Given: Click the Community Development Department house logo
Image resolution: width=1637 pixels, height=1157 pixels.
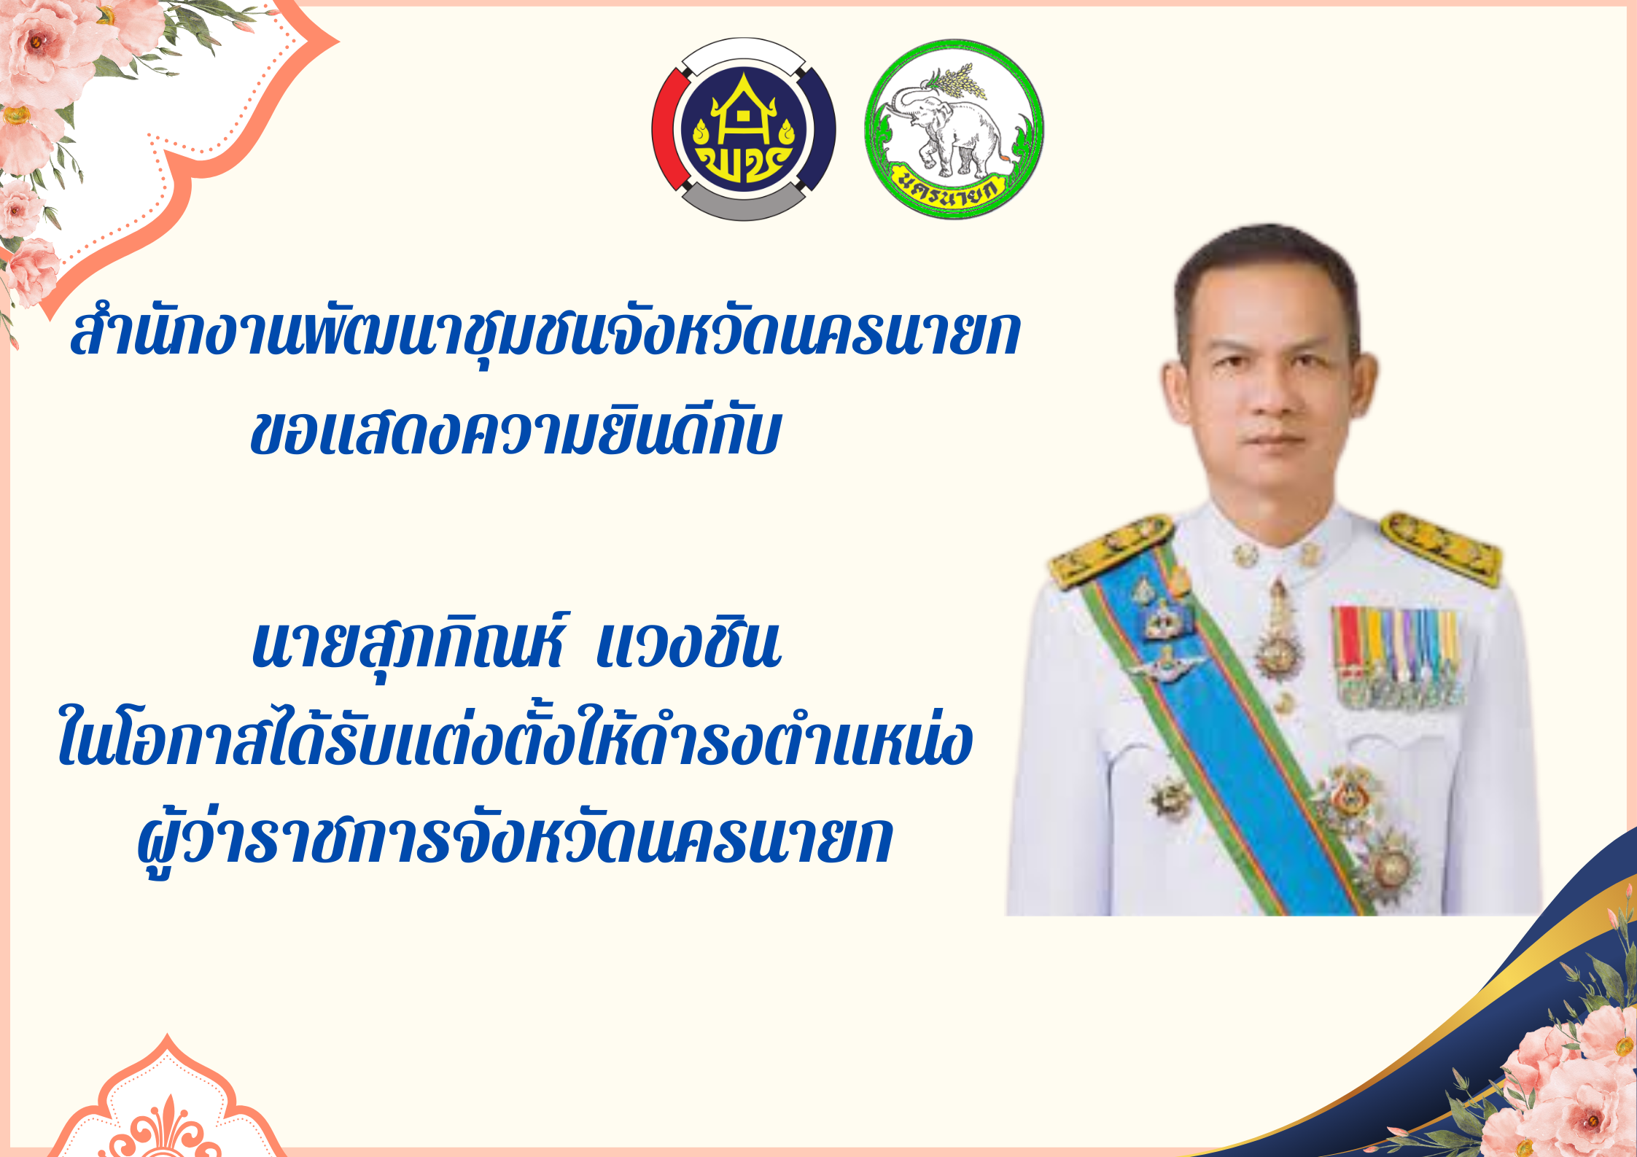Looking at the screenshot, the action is click(743, 129).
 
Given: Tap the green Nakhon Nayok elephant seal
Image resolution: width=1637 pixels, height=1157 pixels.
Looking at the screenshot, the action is click(954, 129).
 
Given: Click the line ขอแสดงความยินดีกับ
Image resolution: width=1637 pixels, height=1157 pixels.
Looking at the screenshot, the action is click(516, 433).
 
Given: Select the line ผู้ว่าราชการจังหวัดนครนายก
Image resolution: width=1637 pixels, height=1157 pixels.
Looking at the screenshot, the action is click(516, 838).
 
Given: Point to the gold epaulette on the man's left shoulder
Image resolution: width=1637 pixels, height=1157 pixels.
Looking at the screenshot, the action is click(1442, 548).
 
